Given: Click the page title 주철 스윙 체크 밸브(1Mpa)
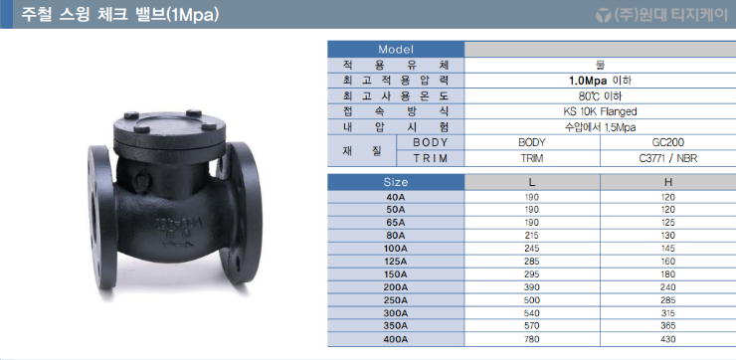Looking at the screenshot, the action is pos(119,15).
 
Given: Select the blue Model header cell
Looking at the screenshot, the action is pos(396,50).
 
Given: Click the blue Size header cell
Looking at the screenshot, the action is pos(396,182).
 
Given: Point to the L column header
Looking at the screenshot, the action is pos(532,182).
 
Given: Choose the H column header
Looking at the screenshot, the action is pos(669,182).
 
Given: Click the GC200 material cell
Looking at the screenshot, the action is pos(669,142).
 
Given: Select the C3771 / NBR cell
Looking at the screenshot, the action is pos(668,159).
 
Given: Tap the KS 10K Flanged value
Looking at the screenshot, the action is pos(600,111).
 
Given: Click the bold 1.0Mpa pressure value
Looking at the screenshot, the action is pos(588,81).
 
